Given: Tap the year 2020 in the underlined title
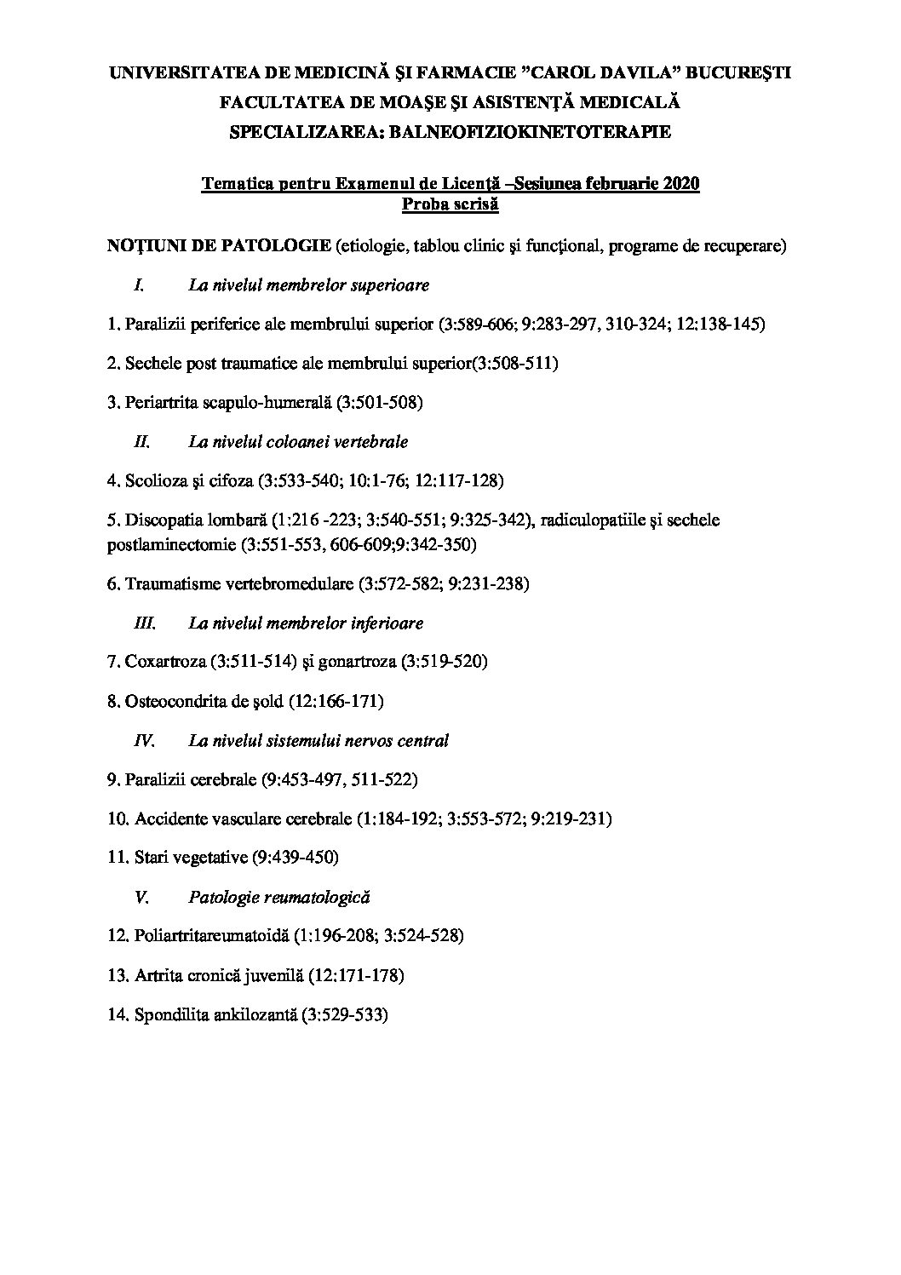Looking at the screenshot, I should click(679, 184).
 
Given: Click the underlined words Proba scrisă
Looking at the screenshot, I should click(450, 204).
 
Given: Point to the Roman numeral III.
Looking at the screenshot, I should click(146, 623).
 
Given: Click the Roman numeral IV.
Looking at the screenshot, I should click(145, 741).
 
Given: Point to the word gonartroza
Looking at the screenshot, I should click(358, 662).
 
